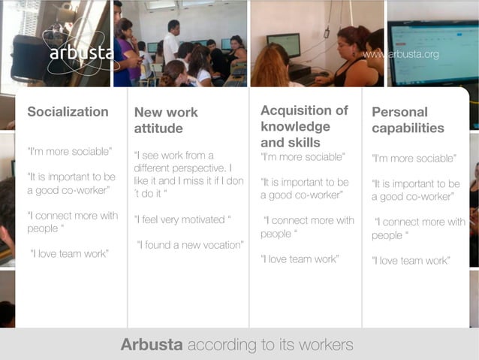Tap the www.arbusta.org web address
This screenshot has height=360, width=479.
point(400,55)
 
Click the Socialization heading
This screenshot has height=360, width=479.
point(68,112)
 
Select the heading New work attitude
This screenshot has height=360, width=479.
point(166,120)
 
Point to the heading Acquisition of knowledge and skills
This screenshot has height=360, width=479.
point(304,126)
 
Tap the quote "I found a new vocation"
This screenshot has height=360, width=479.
point(190,244)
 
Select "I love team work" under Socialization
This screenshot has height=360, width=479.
point(69,253)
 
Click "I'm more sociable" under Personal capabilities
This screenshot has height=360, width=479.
point(414,159)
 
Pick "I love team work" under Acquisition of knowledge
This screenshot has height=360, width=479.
point(300,259)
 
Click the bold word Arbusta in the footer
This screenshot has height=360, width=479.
point(152,346)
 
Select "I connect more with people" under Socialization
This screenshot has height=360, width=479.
point(73,222)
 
